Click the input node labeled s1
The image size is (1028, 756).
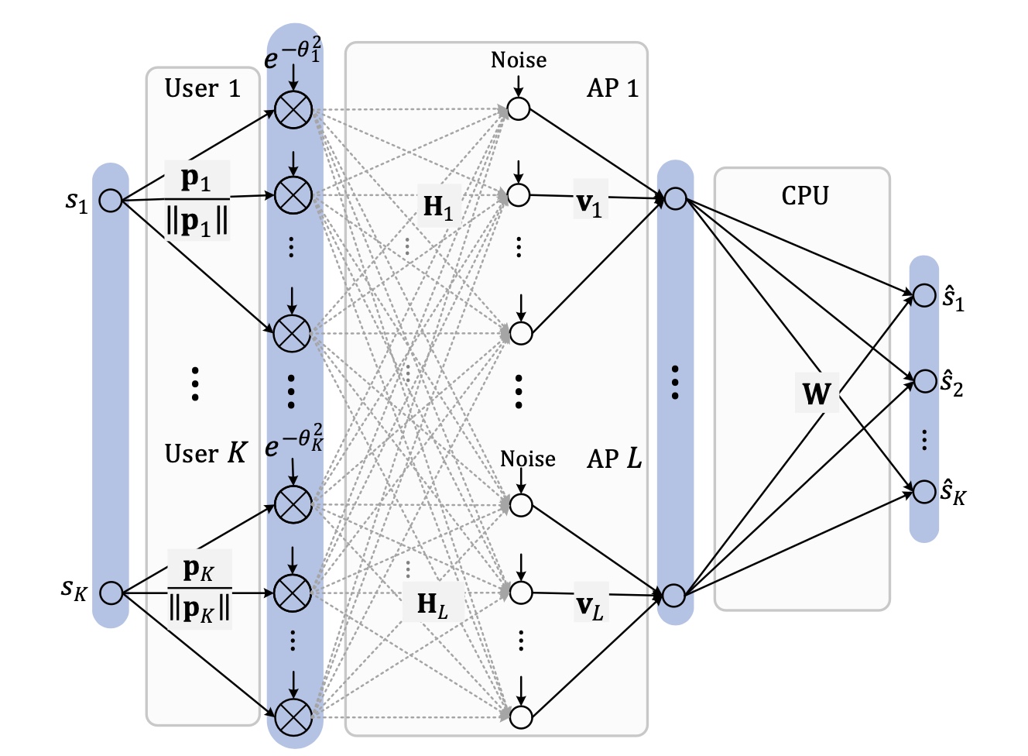(111, 201)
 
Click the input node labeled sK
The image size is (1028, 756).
(111, 593)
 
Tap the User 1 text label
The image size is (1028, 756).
(202, 88)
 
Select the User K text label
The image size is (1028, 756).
(205, 453)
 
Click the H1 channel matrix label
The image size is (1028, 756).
(437, 207)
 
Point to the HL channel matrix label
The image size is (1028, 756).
(432, 604)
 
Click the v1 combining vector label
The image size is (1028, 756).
(589, 203)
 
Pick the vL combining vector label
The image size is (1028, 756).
(590, 606)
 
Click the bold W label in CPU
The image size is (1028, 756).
(816, 393)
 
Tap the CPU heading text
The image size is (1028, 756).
(804, 196)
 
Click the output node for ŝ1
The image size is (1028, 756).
(924, 295)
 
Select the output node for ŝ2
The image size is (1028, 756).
(924, 381)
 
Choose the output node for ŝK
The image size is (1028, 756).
(924, 491)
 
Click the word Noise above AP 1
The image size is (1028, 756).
(518, 60)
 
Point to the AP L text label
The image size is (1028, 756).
(614, 459)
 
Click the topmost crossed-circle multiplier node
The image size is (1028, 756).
(293, 109)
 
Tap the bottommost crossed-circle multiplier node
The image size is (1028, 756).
(293, 717)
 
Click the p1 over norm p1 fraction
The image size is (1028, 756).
(197, 201)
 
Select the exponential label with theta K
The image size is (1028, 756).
(293, 442)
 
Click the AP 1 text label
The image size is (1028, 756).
(612, 88)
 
